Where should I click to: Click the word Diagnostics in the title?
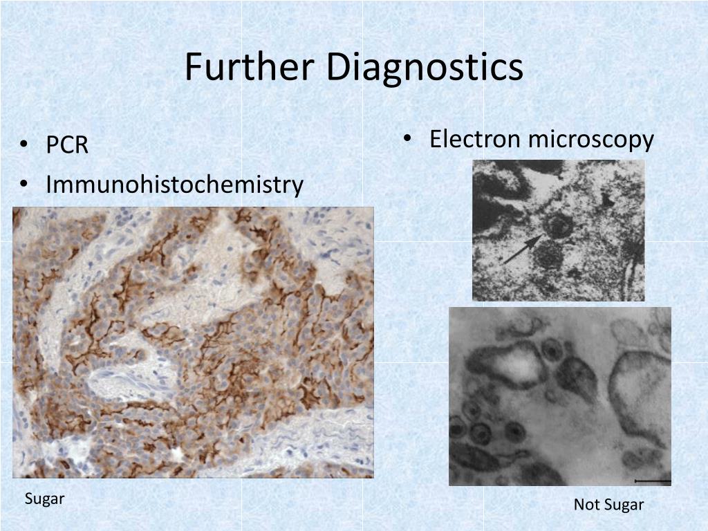click(425, 68)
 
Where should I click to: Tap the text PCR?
click(67, 146)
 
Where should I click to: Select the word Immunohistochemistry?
click(174, 185)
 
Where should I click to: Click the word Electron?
click(474, 139)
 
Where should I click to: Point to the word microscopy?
click(590, 140)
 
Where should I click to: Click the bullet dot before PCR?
click(25, 146)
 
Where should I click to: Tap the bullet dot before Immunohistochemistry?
click(25, 185)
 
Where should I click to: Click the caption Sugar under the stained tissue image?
click(45, 499)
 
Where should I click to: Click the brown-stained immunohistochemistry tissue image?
click(193, 342)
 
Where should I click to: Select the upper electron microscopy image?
click(558, 230)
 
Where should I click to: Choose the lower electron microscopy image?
click(559, 395)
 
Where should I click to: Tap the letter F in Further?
click(192, 68)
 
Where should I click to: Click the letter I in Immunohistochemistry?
click(49, 185)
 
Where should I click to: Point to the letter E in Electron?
click(436, 139)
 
